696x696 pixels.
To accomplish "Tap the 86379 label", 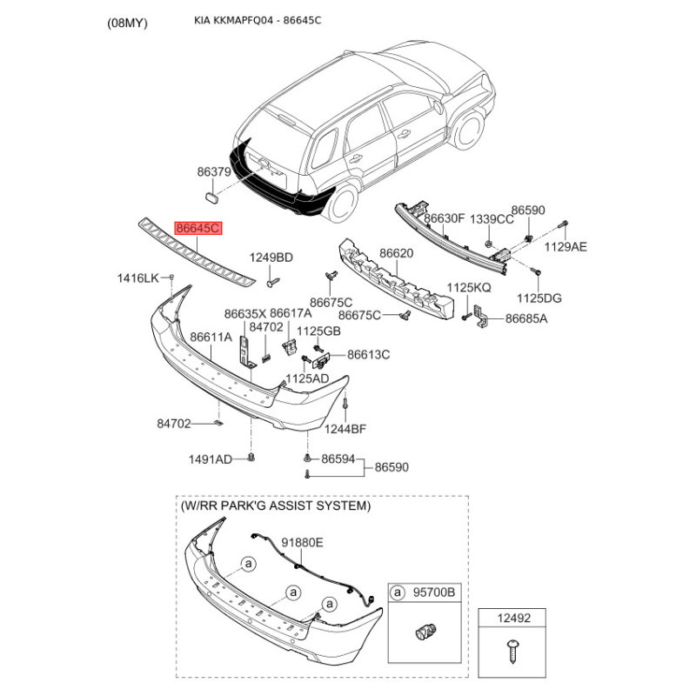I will coord(213,172).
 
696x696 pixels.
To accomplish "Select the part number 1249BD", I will coord(272,258).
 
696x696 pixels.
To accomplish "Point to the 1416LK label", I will coord(138,278).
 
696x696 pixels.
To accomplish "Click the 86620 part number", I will coord(395,254).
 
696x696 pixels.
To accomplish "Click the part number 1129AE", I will coord(565,246).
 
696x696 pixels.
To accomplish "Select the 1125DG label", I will coord(540,298).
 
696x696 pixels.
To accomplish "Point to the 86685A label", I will coord(526,319).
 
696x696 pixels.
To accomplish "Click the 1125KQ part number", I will coord(470,287).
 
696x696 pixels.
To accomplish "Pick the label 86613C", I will coord(368,354).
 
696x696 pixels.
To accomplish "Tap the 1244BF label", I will coord(346,428).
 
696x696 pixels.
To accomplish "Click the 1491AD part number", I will coord(211,459).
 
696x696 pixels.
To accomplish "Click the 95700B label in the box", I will coord(435,592).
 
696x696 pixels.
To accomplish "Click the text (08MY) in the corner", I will coord(128,23).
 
